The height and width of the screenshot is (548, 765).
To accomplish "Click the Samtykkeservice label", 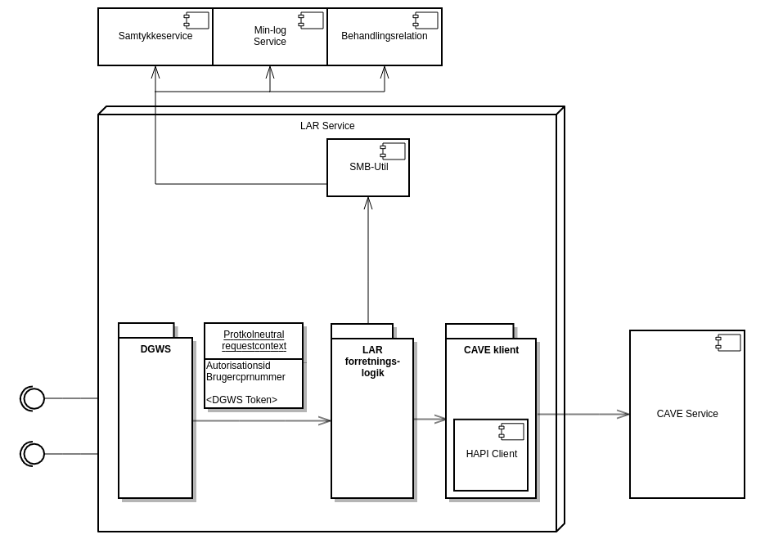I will click(x=155, y=36).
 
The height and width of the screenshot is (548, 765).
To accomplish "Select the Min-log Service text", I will click(x=270, y=36).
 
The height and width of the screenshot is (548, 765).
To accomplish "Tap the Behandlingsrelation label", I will click(x=385, y=36).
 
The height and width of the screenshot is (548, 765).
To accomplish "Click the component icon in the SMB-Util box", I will click(x=393, y=151).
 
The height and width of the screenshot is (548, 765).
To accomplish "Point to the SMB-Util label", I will click(x=368, y=167).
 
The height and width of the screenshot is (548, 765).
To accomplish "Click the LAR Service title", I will click(x=327, y=126).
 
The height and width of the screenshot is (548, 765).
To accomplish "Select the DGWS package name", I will click(x=155, y=349).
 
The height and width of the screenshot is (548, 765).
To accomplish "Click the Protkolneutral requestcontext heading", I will click(x=254, y=340).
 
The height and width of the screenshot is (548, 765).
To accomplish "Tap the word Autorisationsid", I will click(x=238, y=366).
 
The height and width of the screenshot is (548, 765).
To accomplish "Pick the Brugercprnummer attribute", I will click(x=245, y=377).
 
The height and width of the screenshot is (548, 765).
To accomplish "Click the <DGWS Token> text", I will click(x=241, y=400).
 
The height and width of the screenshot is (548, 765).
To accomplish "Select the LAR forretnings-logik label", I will click(x=372, y=362).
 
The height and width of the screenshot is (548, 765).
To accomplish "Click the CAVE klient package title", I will click(x=491, y=350).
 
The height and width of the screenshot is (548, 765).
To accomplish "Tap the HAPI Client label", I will click(x=491, y=454).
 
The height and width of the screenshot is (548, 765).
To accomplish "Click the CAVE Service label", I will click(x=687, y=414).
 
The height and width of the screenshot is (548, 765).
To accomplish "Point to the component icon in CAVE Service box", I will click(x=728, y=343).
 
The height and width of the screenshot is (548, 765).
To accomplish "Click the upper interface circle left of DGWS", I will click(x=34, y=398).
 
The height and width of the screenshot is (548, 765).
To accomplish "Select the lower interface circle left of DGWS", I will click(x=34, y=454).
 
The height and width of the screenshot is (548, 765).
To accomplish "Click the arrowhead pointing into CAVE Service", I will click(x=623, y=415).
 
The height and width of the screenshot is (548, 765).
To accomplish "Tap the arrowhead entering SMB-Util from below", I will click(x=368, y=203).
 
